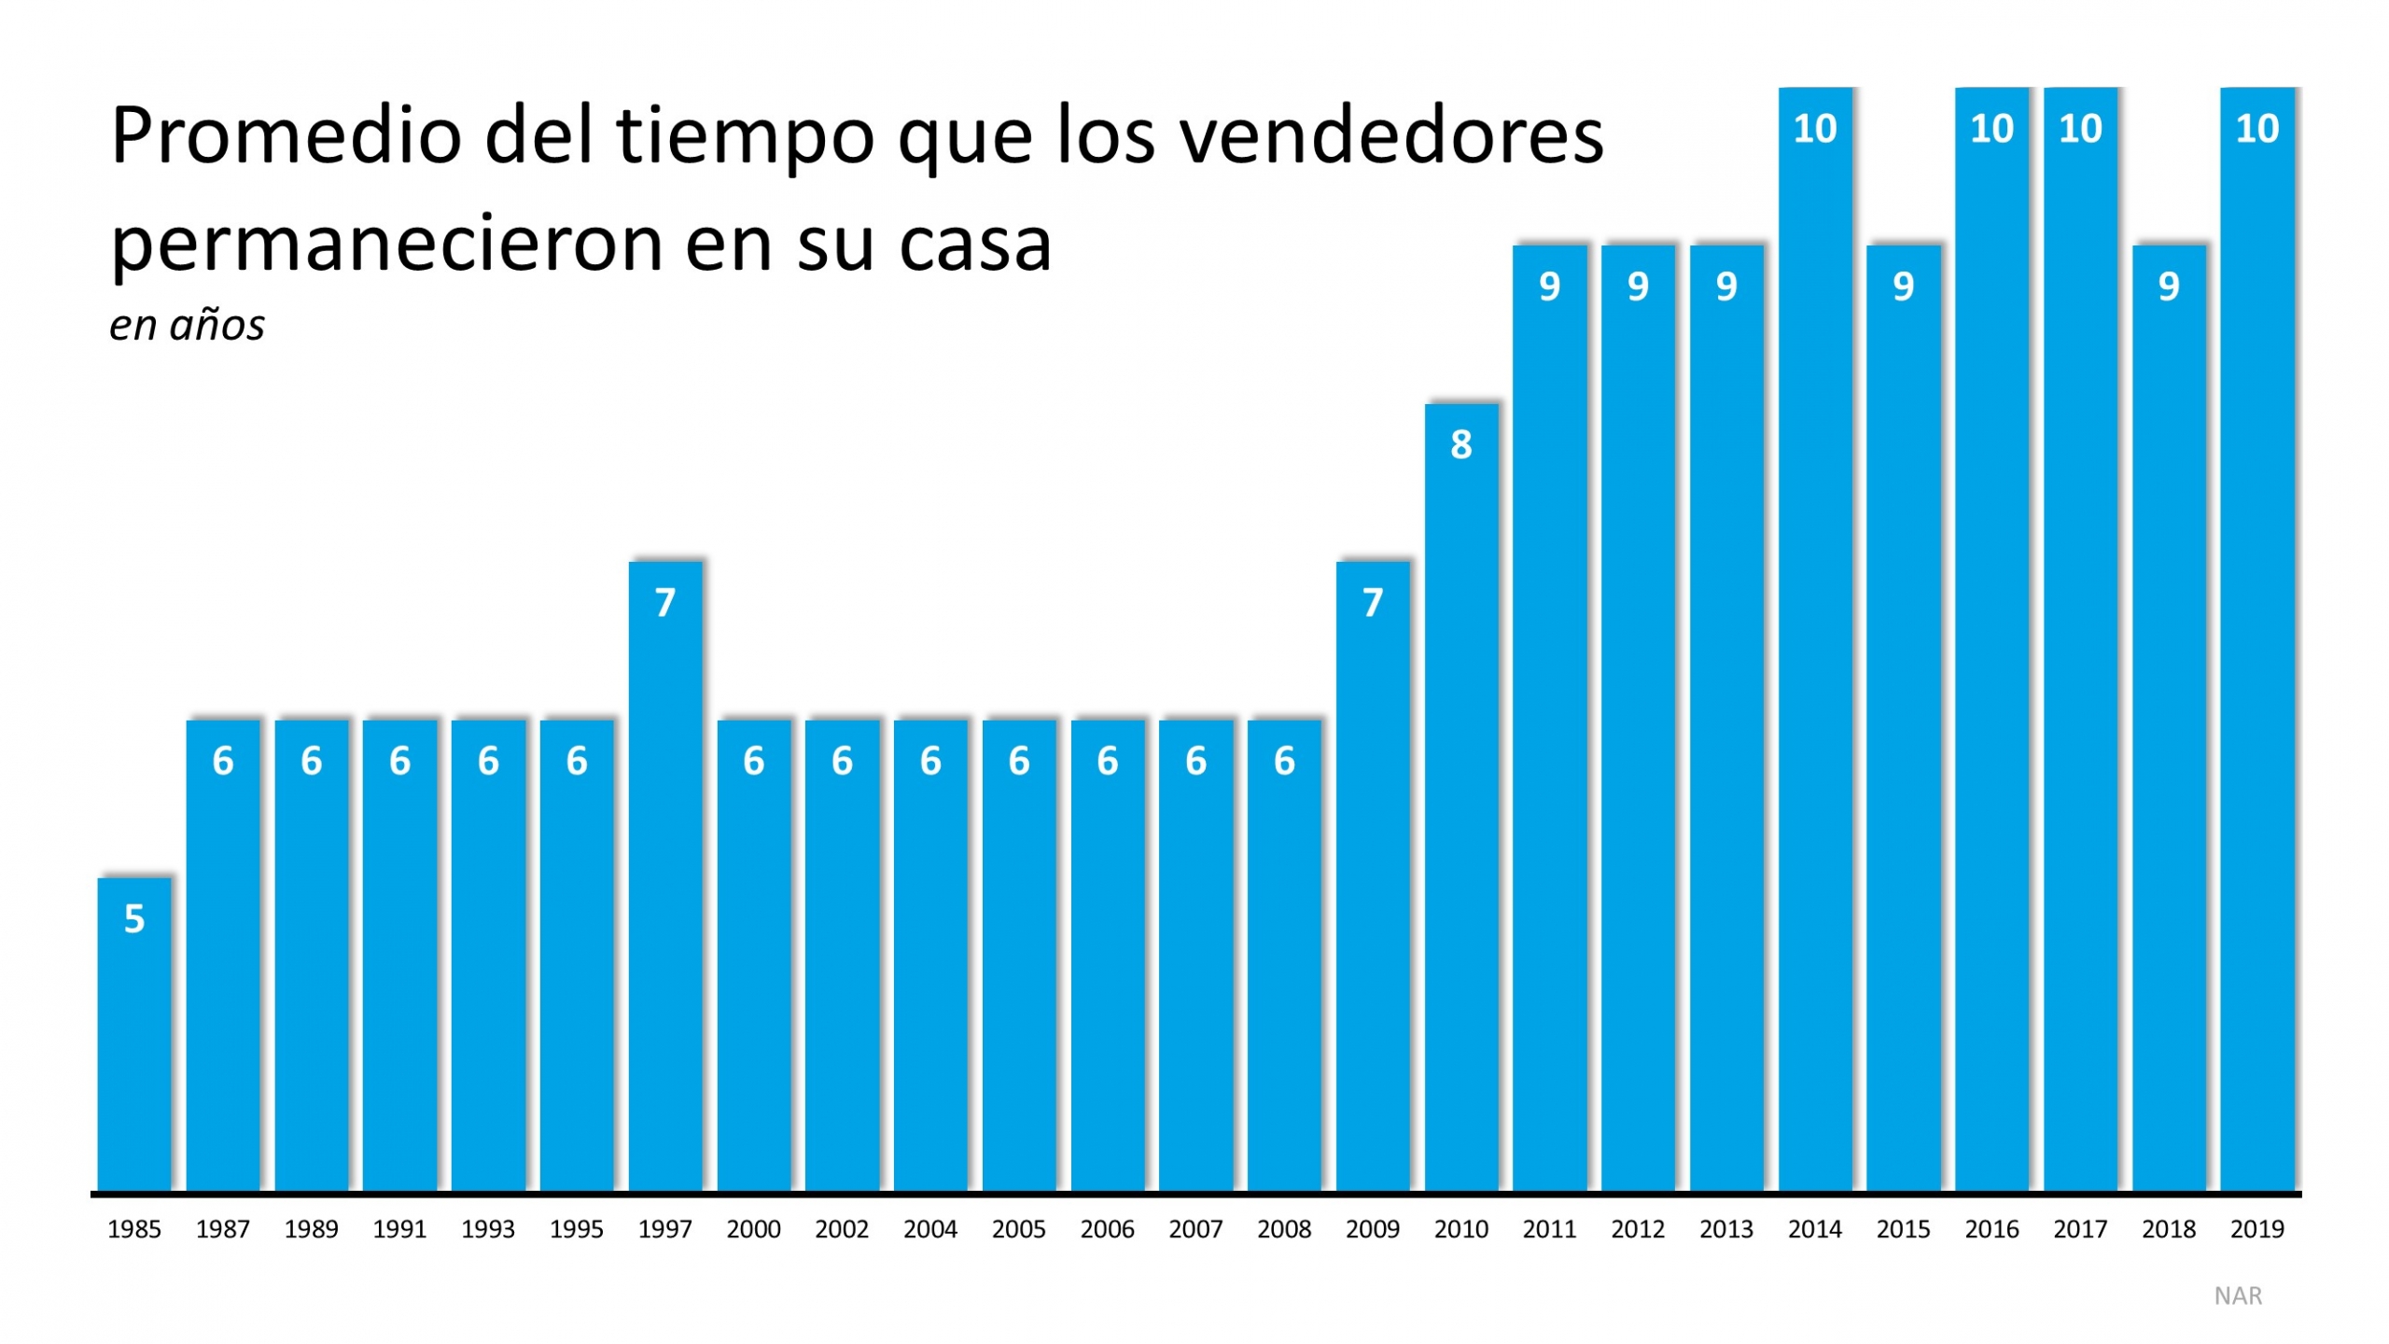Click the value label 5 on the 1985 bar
pos(134,919)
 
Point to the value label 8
pos(1461,445)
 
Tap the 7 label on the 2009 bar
pos(1373,603)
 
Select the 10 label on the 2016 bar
pos(1991,129)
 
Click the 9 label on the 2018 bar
pos(2169,287)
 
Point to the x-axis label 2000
pos(753,1229)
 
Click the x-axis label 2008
pos(1284,1229)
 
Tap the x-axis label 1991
pos(399,1229)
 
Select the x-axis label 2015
pos(1903,1229)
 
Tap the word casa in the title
pos(975,245)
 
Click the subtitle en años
pos(187,326)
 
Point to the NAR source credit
pos(2238,1295)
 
